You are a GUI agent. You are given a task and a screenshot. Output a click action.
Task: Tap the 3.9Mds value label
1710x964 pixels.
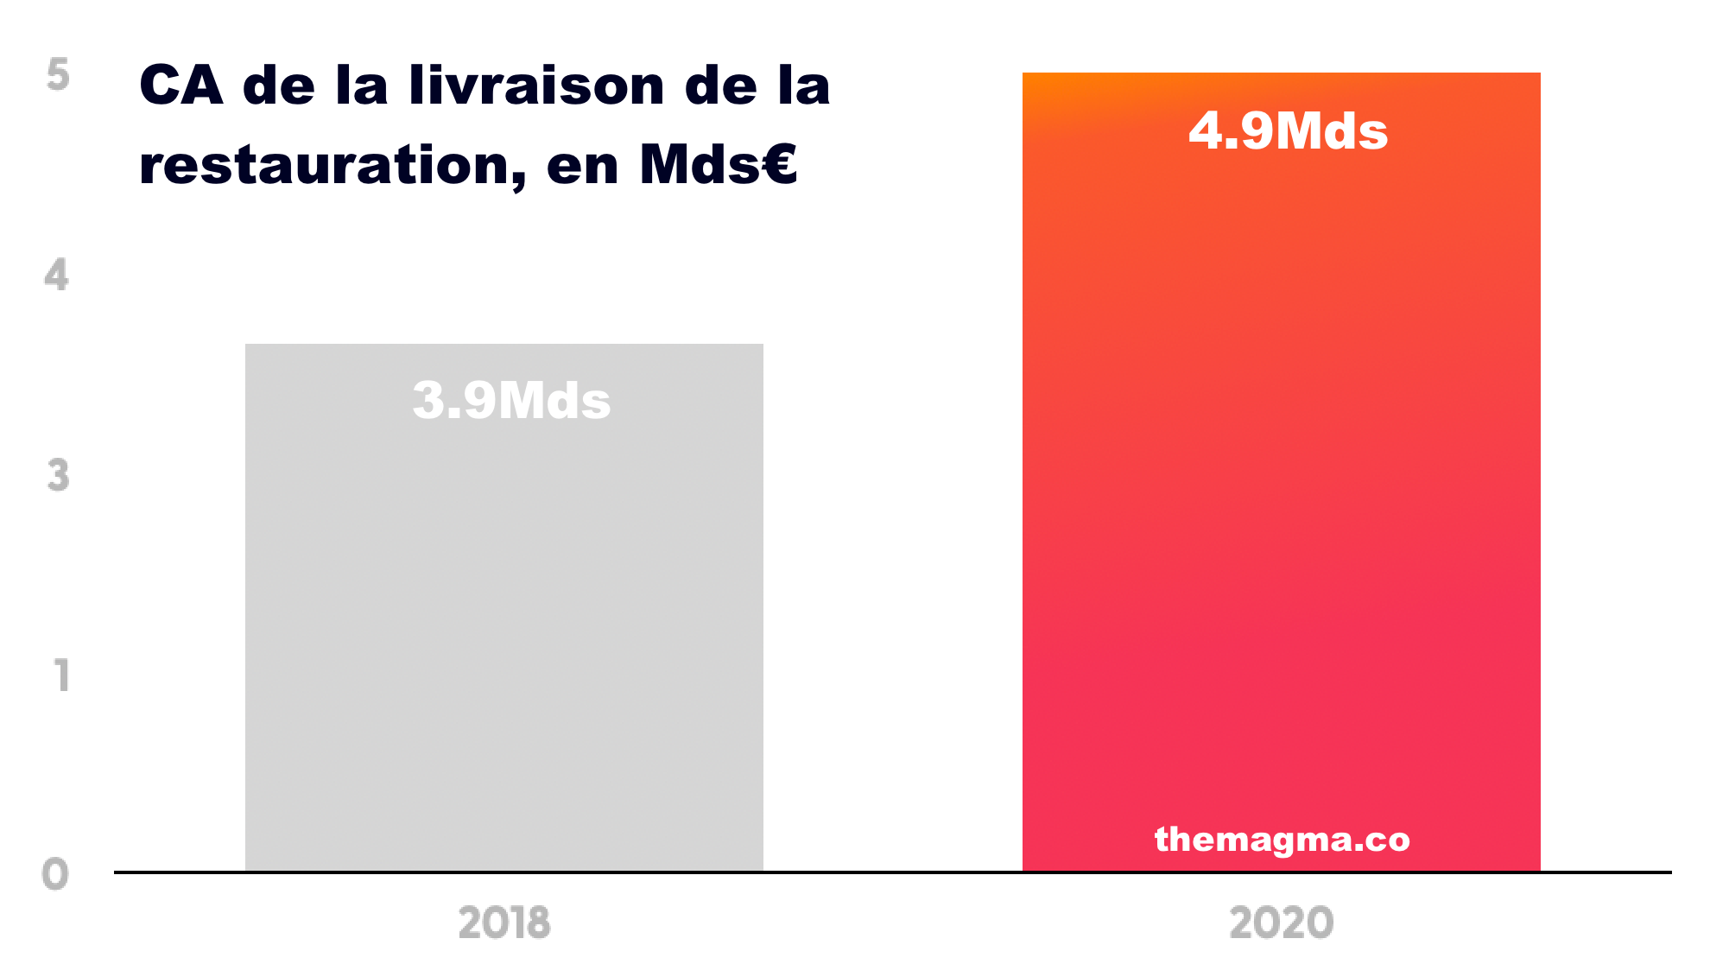[x=511, y=401]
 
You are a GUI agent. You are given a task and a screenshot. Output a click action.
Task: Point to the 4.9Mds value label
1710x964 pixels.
[x=1288, y=131]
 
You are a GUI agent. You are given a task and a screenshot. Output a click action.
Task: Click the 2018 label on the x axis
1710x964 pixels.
[x=504, y=923]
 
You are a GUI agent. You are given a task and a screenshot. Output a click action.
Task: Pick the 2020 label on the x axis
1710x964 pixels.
[x=1282, y=923]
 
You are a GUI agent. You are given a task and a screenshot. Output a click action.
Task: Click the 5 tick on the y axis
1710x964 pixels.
[x=58, y=75]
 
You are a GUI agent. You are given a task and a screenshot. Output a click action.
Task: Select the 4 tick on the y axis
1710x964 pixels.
[x=57, y=276]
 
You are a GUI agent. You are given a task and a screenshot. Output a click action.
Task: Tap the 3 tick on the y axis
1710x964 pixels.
[x=58, y=475]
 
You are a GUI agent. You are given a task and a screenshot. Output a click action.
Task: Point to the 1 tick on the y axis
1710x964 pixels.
[x=61, y=675]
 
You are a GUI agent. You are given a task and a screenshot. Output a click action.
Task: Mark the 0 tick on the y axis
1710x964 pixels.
[x=55, y=874]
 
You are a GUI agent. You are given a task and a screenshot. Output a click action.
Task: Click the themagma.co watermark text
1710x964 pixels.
[x=1282, y=839]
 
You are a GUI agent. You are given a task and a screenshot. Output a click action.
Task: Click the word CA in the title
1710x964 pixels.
[x=180, y=86]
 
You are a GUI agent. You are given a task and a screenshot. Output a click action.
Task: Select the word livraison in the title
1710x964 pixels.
[x=536, y=86]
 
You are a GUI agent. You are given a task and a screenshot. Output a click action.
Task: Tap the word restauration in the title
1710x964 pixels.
[x=328, y=166]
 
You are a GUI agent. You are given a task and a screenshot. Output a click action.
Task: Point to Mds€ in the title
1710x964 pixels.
[x=718, y=164]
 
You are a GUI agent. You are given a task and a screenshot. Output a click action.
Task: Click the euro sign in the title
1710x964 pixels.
[x=780, y=164]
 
